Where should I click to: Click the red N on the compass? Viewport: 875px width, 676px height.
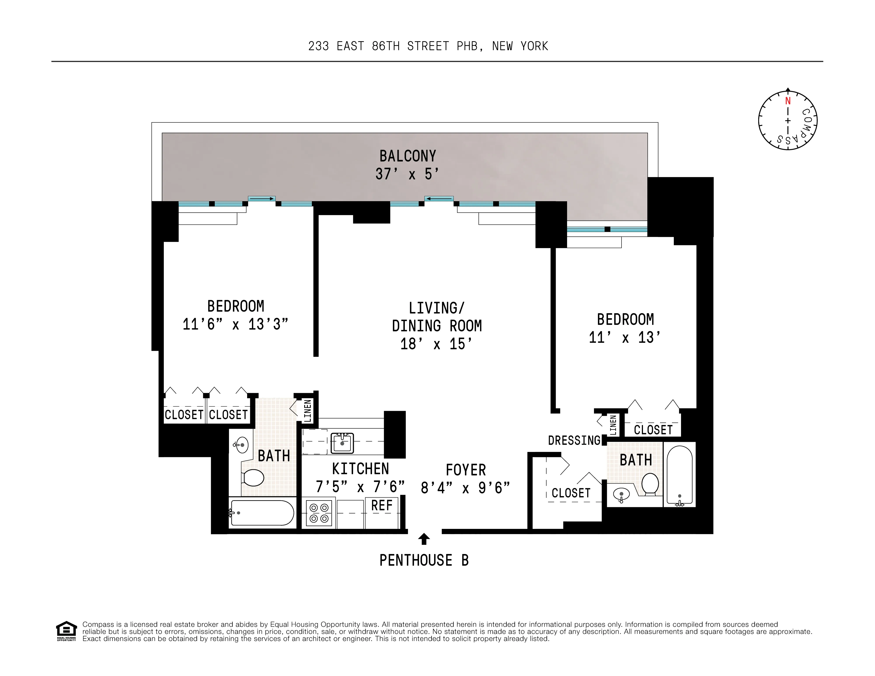point(788,101)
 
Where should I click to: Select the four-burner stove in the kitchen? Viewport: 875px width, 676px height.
point(319,513)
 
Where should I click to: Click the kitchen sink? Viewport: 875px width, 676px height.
point(342,443)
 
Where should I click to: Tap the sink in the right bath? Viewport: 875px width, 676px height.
point(621,495)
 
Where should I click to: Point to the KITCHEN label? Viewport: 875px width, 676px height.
point(360,469)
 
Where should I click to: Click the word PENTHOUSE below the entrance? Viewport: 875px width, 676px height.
point(416,560)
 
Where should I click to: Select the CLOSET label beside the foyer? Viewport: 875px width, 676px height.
point(571,493)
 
